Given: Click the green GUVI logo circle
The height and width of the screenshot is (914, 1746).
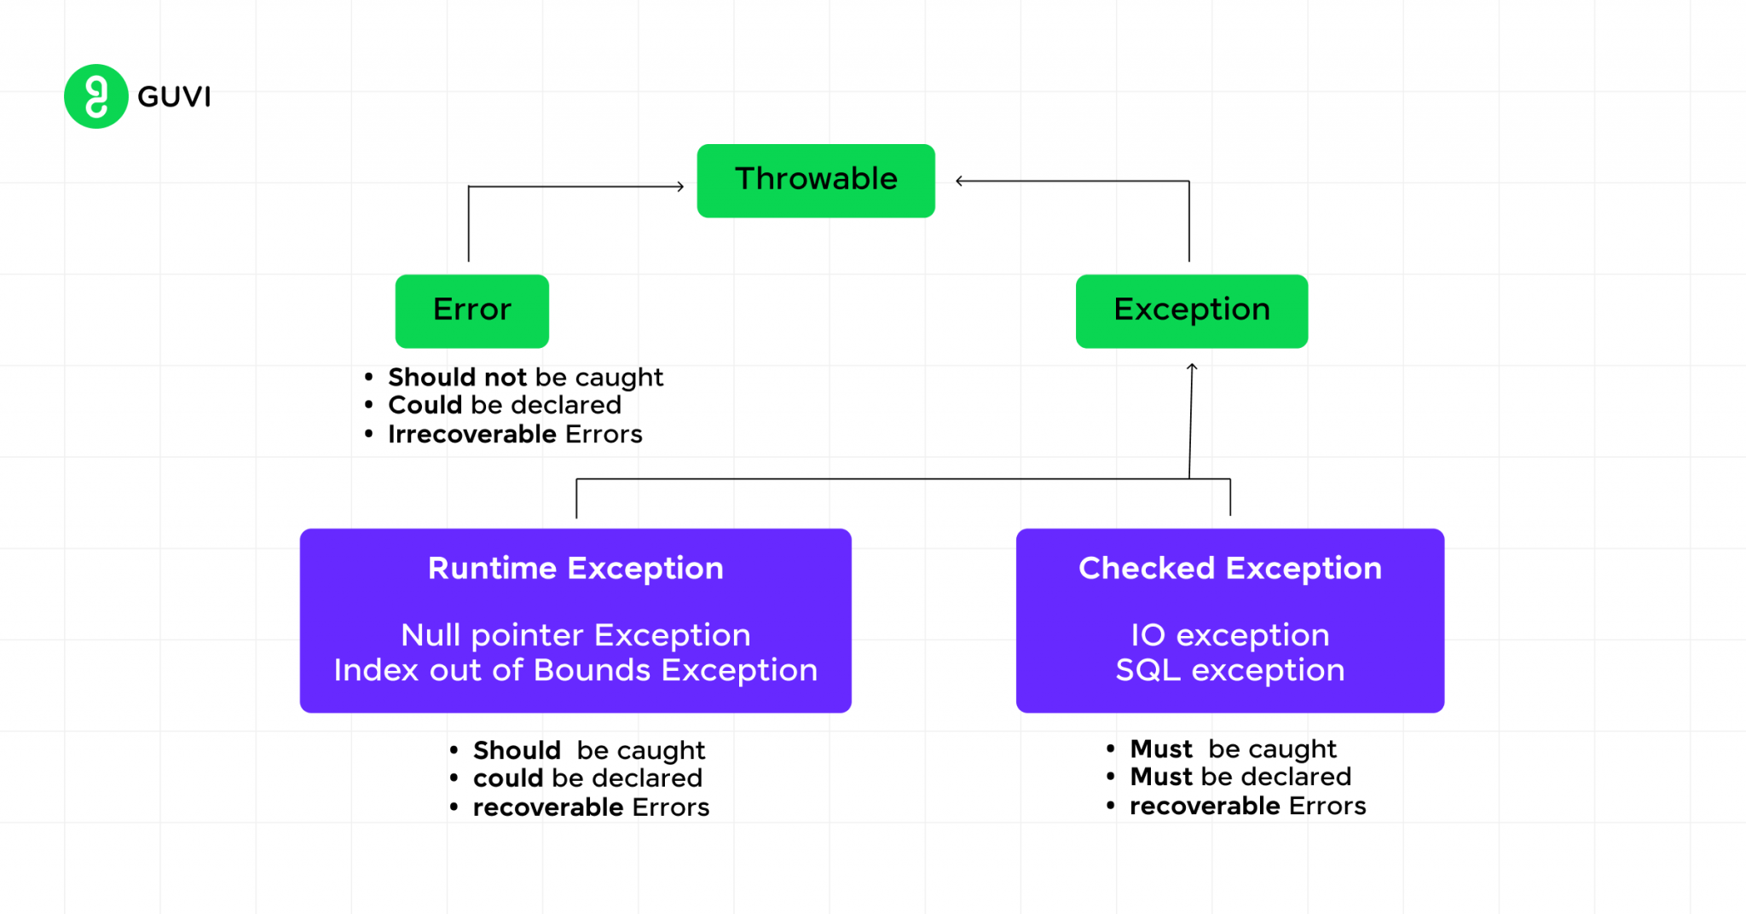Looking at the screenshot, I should [95, 96].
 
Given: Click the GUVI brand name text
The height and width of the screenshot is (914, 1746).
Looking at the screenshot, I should [174, 97].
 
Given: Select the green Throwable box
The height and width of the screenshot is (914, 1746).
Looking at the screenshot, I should [815, 180].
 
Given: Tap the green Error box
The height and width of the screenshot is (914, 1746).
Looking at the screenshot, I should [471, 310].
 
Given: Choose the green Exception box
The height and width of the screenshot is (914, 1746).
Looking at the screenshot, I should [1191, 310].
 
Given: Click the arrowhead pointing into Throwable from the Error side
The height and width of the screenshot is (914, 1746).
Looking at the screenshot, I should [680, 186].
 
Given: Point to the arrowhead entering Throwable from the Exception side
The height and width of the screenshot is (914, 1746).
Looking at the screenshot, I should [960, 181].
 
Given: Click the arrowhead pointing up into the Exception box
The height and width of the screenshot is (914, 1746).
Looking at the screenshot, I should [1192, 367].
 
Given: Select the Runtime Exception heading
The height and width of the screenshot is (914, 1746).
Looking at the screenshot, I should [575, 569].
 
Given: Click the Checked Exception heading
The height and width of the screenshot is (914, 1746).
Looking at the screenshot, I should [1229, 569].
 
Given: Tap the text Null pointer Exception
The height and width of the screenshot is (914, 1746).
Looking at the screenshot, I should [575, 635].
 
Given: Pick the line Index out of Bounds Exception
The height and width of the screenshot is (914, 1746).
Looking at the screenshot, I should [575, 670].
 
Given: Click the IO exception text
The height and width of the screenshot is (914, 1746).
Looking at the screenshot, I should [1229, 635].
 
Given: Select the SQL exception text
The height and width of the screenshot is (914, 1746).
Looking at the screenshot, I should [1229, 670].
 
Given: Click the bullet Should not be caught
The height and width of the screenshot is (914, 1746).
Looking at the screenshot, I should [524, 377].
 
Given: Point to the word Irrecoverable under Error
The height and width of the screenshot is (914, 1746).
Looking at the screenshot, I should [471, 434].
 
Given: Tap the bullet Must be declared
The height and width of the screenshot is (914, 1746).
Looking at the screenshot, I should [1240, 777].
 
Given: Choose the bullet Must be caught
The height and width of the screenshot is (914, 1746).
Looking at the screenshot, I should [1233, 749].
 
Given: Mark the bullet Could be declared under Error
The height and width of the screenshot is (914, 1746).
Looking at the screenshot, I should [504, 405].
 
